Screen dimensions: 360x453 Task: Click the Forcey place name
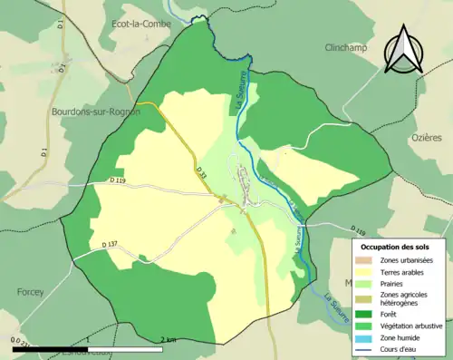coord(32,292)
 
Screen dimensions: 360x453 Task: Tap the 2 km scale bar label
coord(168,339)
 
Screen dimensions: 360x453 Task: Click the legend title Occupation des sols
coord(395,247)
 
